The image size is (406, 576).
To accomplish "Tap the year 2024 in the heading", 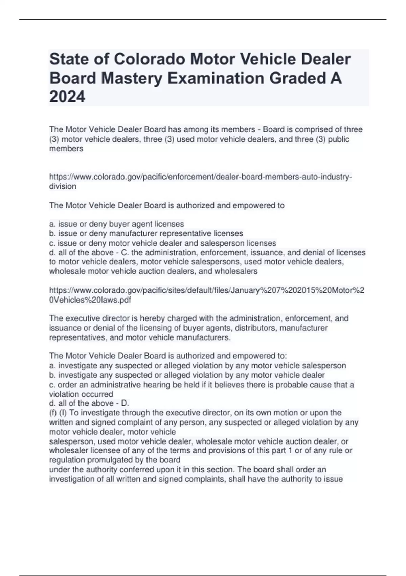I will click(x=67, y=97).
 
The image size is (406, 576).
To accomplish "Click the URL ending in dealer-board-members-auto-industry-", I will click(x=200, y=177).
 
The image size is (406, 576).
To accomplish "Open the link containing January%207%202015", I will click(x=206, y=290).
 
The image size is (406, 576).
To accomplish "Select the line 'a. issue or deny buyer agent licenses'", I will click(x=116, y=224).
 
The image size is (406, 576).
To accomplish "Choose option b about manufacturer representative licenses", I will click(x=146, y=233).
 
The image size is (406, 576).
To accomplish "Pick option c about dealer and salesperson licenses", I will click(x=162, y=243).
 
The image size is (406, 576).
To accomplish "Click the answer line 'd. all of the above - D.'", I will click(x=89, y=403).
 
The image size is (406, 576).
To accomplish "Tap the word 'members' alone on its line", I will click(x=66, y=149).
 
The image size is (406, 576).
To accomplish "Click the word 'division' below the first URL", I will click(x=63, y=186).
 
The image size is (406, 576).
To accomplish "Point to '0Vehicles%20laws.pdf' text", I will click(x=90, y=300).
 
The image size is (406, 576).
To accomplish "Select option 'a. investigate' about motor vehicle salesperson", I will click(x=197, y=366).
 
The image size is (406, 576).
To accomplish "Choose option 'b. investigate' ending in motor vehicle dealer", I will click(x=187, y=375).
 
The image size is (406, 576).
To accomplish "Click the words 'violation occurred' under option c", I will click(x=81, y=394).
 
